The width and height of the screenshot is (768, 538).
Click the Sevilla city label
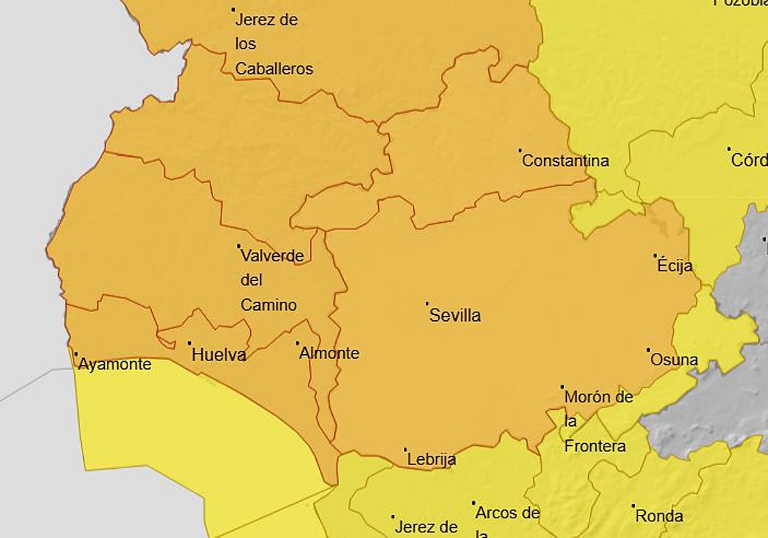pyautogui.click(x=455, y=316)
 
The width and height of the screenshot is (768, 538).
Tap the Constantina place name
pyautogui.click(x=565, y=161)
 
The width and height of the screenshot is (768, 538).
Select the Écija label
pyautogui.click(x=675, y=266)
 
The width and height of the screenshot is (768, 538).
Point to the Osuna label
pyautogui.click(x=674, y=360)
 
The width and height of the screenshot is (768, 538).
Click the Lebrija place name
pyautogui.click(x=431, y=459)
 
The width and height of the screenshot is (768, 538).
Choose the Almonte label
pyautogui.click(x=329, y=353)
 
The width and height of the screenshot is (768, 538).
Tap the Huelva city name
pyautogui.click(x=219, y=354)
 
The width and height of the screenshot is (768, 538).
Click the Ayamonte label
pyautogui.click(x=115, y=364)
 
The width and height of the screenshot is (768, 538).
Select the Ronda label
pyautogui.click(x=659, y=516)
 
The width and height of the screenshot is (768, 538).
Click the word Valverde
pyautogui.click(x=272, y=256)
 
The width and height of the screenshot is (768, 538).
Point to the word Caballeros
pyautogui.click(x=274, y=69)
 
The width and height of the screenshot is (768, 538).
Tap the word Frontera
pyautogui.click(x=595, y=446)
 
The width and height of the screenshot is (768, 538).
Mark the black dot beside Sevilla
pyautogui.click(x=428, y=304)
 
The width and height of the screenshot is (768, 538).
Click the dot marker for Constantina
pyautogui.click(x=520, y=151)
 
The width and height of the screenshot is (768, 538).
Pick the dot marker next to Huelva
pyautogui.click(x=190, y=343)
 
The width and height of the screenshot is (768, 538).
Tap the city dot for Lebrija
pyautogui.click(x=406, y=450)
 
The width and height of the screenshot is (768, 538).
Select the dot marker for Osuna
pyautogui.click(x=648, y=350)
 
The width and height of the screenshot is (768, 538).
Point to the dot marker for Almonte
pyautogui.click(x=298, y=343)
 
